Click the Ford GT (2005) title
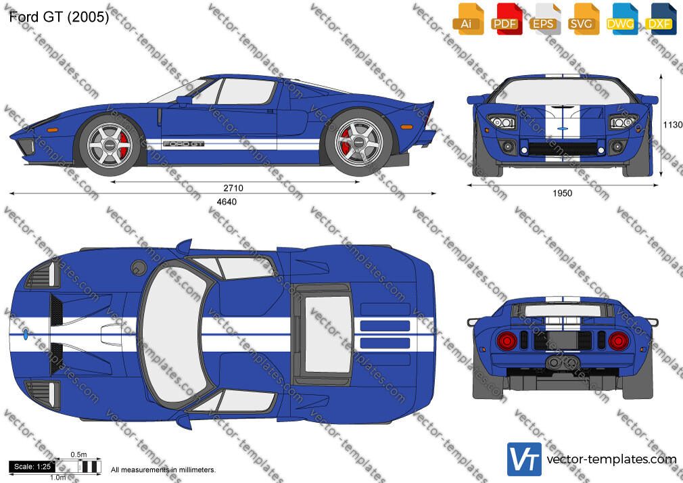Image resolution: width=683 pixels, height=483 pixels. click(59, 16)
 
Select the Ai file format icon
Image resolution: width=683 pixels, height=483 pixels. click(467, 19)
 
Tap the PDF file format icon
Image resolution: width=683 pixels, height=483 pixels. click(506, 19)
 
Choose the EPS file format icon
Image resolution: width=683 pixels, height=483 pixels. click(544, 19)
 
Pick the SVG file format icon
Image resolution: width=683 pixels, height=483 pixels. click(582, 19)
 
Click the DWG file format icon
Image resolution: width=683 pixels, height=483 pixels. click(621, 19)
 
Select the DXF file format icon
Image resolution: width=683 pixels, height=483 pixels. click(660, 19)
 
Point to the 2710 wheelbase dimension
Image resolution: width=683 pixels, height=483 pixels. click(233, 188)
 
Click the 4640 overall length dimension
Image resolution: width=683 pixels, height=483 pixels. click(227, 202)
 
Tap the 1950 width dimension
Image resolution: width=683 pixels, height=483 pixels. click(563, 193)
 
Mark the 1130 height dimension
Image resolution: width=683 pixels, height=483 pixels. click(673, 125)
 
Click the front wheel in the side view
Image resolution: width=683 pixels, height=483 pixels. click(110, 145)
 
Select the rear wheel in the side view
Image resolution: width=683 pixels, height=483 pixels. click(358, 143)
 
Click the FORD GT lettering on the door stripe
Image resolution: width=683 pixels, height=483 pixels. click(183, 143)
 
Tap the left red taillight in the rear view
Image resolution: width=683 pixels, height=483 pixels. click(507, 341)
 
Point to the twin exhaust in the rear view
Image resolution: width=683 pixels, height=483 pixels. click(563, 362)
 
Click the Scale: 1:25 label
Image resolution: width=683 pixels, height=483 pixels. click(32, 467)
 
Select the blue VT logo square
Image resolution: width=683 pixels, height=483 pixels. click(525, 459)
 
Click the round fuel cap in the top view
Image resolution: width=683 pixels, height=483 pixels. click(139, 268)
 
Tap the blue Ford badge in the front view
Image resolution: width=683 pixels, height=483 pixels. click(562, 129)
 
